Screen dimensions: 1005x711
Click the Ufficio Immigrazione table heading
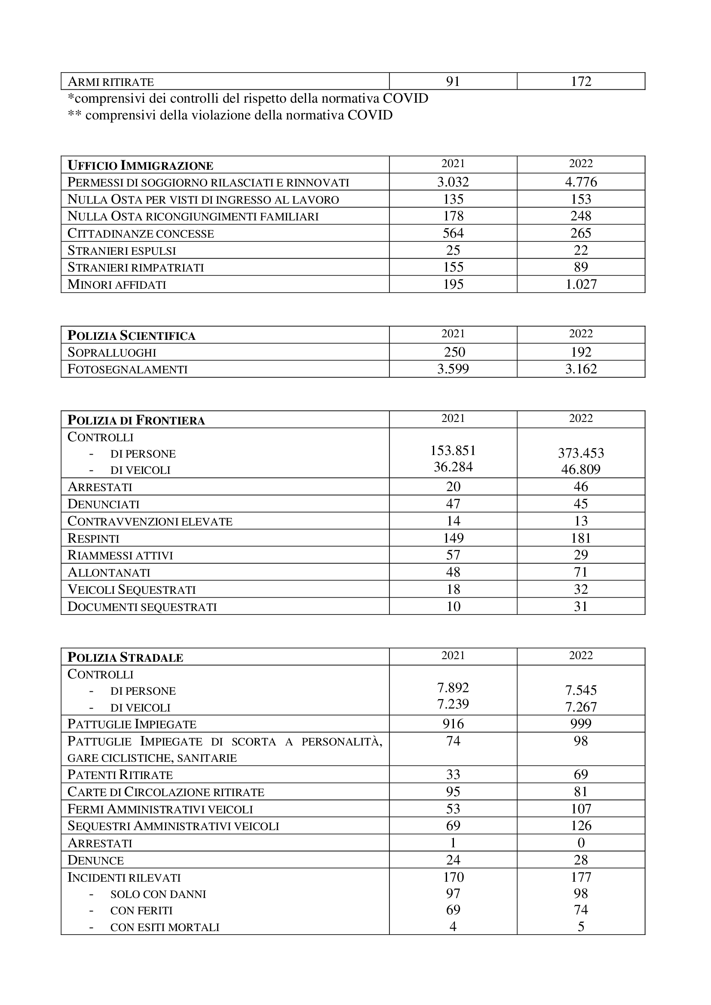tap(140, 166)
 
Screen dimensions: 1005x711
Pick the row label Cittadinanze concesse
tap(141, 233)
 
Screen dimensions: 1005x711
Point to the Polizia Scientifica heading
tap(132, 336)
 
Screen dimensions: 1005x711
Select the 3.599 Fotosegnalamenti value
tap(453, 369)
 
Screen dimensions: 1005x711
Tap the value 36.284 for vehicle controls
tap(453, 467)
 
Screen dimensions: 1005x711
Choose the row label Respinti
tap(93, 538)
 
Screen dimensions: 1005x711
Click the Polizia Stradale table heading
tap(125, 657)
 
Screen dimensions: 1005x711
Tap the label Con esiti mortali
tap(165, 927)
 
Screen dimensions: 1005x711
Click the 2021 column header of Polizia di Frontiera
tap(453, 418)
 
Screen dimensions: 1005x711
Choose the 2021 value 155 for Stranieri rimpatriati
tap(453, 267)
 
